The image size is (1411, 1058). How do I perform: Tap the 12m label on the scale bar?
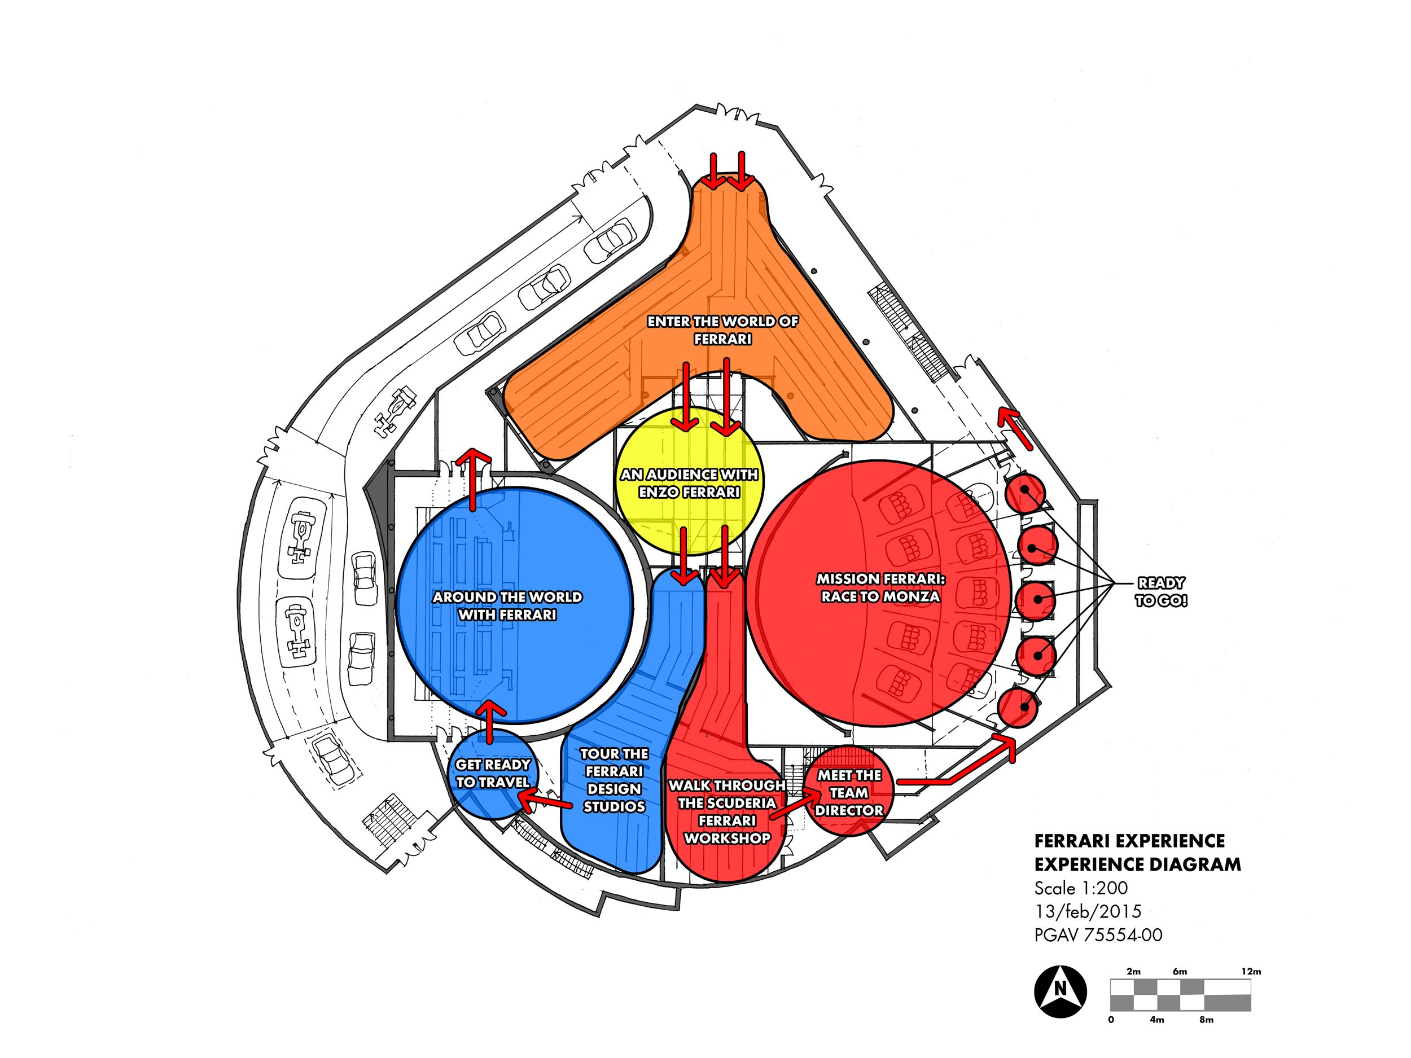coord(1251,971)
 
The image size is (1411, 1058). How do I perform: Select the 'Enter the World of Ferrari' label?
coord(723,330)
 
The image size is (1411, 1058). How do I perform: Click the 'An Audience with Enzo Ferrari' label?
coord(690,484)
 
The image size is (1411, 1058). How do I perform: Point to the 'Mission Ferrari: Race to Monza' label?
coord(880,587)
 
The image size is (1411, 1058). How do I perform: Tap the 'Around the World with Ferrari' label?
coord(508,606)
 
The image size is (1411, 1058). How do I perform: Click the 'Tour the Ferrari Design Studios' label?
coord(614,780)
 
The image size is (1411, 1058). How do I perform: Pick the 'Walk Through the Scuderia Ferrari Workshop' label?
coord(727,812)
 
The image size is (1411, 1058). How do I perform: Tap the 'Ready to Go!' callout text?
coord(1161,592)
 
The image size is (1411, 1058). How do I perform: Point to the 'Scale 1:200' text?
coord(1081,888)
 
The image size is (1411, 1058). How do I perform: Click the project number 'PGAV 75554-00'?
coord(1098,935)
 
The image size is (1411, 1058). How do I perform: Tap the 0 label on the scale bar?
coord(1111,1020)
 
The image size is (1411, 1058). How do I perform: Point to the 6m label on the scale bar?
coord(1180,971)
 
